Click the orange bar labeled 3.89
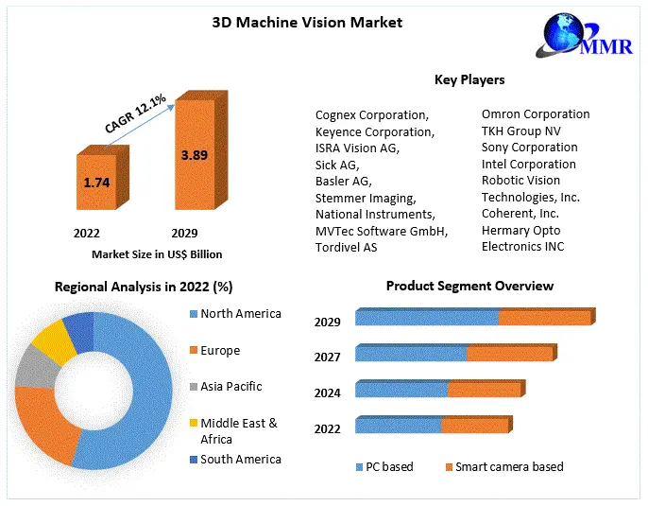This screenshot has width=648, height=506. tap(194, 154)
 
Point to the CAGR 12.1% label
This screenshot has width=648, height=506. tap(135, 113)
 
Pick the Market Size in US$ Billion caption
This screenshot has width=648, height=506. tap(157, 253)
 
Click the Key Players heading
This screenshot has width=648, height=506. tap(469, 79)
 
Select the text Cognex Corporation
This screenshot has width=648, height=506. tap(372, 114)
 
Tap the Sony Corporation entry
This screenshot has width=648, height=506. tap(529, 148)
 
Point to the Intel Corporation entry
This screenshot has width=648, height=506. tap(528, 164)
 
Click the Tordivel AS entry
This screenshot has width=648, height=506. tap(346, 247)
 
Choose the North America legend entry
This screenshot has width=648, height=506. tap(241, 314)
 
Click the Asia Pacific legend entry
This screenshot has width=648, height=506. tap(230, 386)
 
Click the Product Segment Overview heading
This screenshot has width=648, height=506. tap(469, 286)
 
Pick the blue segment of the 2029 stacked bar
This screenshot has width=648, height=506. tap(426, 319)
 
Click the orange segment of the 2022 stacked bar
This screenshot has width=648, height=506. tap(474, 427)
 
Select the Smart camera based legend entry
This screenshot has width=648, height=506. tap(509, 466)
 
